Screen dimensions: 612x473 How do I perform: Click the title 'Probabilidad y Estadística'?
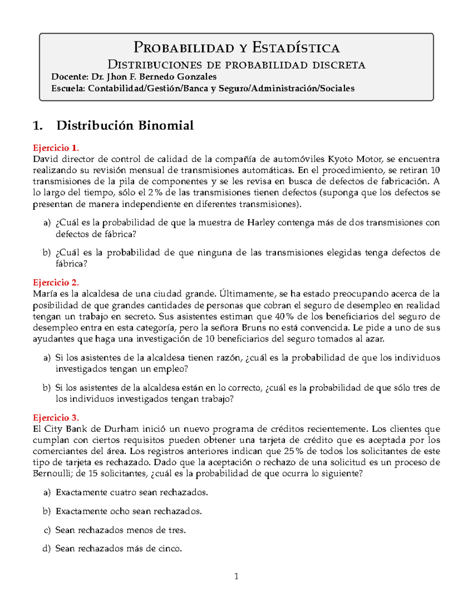236,48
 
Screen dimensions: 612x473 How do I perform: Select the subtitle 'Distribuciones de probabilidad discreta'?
236,64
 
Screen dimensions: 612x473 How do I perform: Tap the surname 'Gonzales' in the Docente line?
196,76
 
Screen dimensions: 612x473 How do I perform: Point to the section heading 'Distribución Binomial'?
125,125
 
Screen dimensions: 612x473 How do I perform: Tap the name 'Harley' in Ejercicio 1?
261,223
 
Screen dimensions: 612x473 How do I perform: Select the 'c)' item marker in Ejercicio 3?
47,530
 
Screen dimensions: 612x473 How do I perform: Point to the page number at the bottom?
236,577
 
